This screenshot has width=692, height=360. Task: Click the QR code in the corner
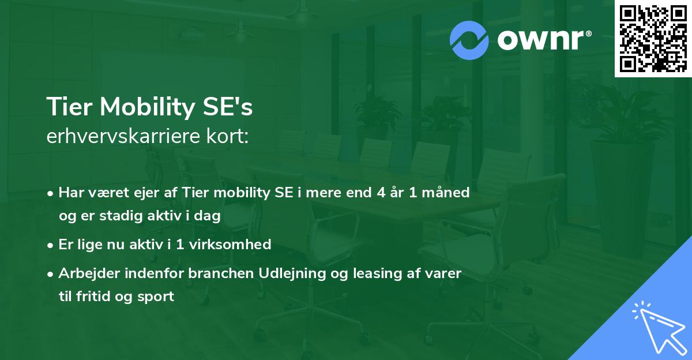pos(652,38)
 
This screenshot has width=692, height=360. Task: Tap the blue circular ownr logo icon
pos(469,40)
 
